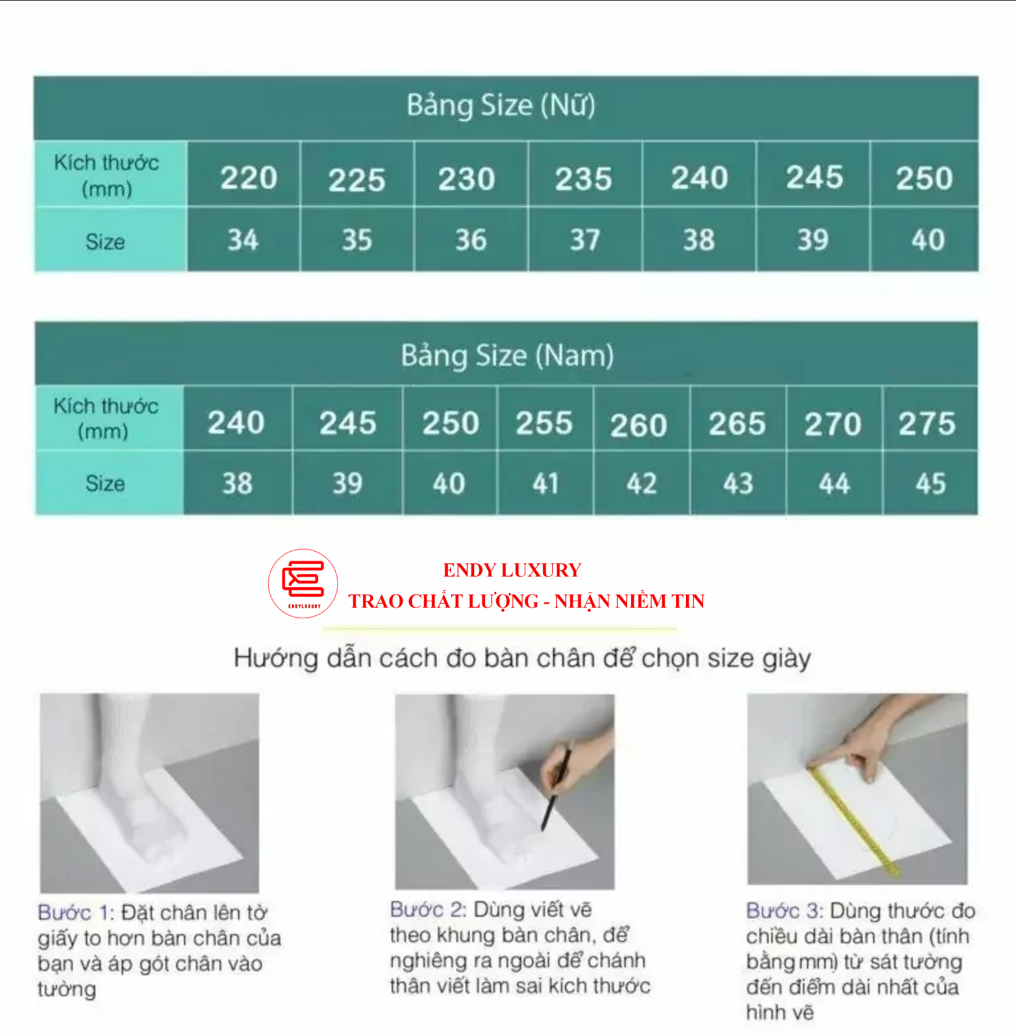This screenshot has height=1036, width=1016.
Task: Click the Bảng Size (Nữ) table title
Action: pos(501,106)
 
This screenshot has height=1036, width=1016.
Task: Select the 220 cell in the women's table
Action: pos(248,177)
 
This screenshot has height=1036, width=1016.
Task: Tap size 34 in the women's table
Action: pos(243,240)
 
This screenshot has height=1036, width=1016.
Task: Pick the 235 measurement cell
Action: pos(583,179)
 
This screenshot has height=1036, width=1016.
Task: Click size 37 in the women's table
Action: pos(585,240)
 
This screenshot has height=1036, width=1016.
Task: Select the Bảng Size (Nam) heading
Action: pos(507,355)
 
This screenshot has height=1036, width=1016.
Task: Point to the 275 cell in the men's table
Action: pos(927,423)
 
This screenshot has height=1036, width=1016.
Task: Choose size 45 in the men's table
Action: pos(930,484)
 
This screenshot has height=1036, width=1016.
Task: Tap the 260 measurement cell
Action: pos(638,425)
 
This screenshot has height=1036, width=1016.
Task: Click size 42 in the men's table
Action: pos(642,484)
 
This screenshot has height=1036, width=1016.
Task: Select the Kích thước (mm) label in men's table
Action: pos(106,418)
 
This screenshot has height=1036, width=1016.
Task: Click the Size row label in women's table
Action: pos(105,242)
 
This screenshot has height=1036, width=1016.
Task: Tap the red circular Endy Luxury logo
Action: pos(303,583)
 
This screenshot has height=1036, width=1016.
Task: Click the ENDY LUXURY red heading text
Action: pos(512,570)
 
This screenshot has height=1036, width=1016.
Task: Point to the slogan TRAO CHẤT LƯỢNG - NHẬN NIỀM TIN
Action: pos(527,601)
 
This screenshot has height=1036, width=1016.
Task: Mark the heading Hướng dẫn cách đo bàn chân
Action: pos(523,658)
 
